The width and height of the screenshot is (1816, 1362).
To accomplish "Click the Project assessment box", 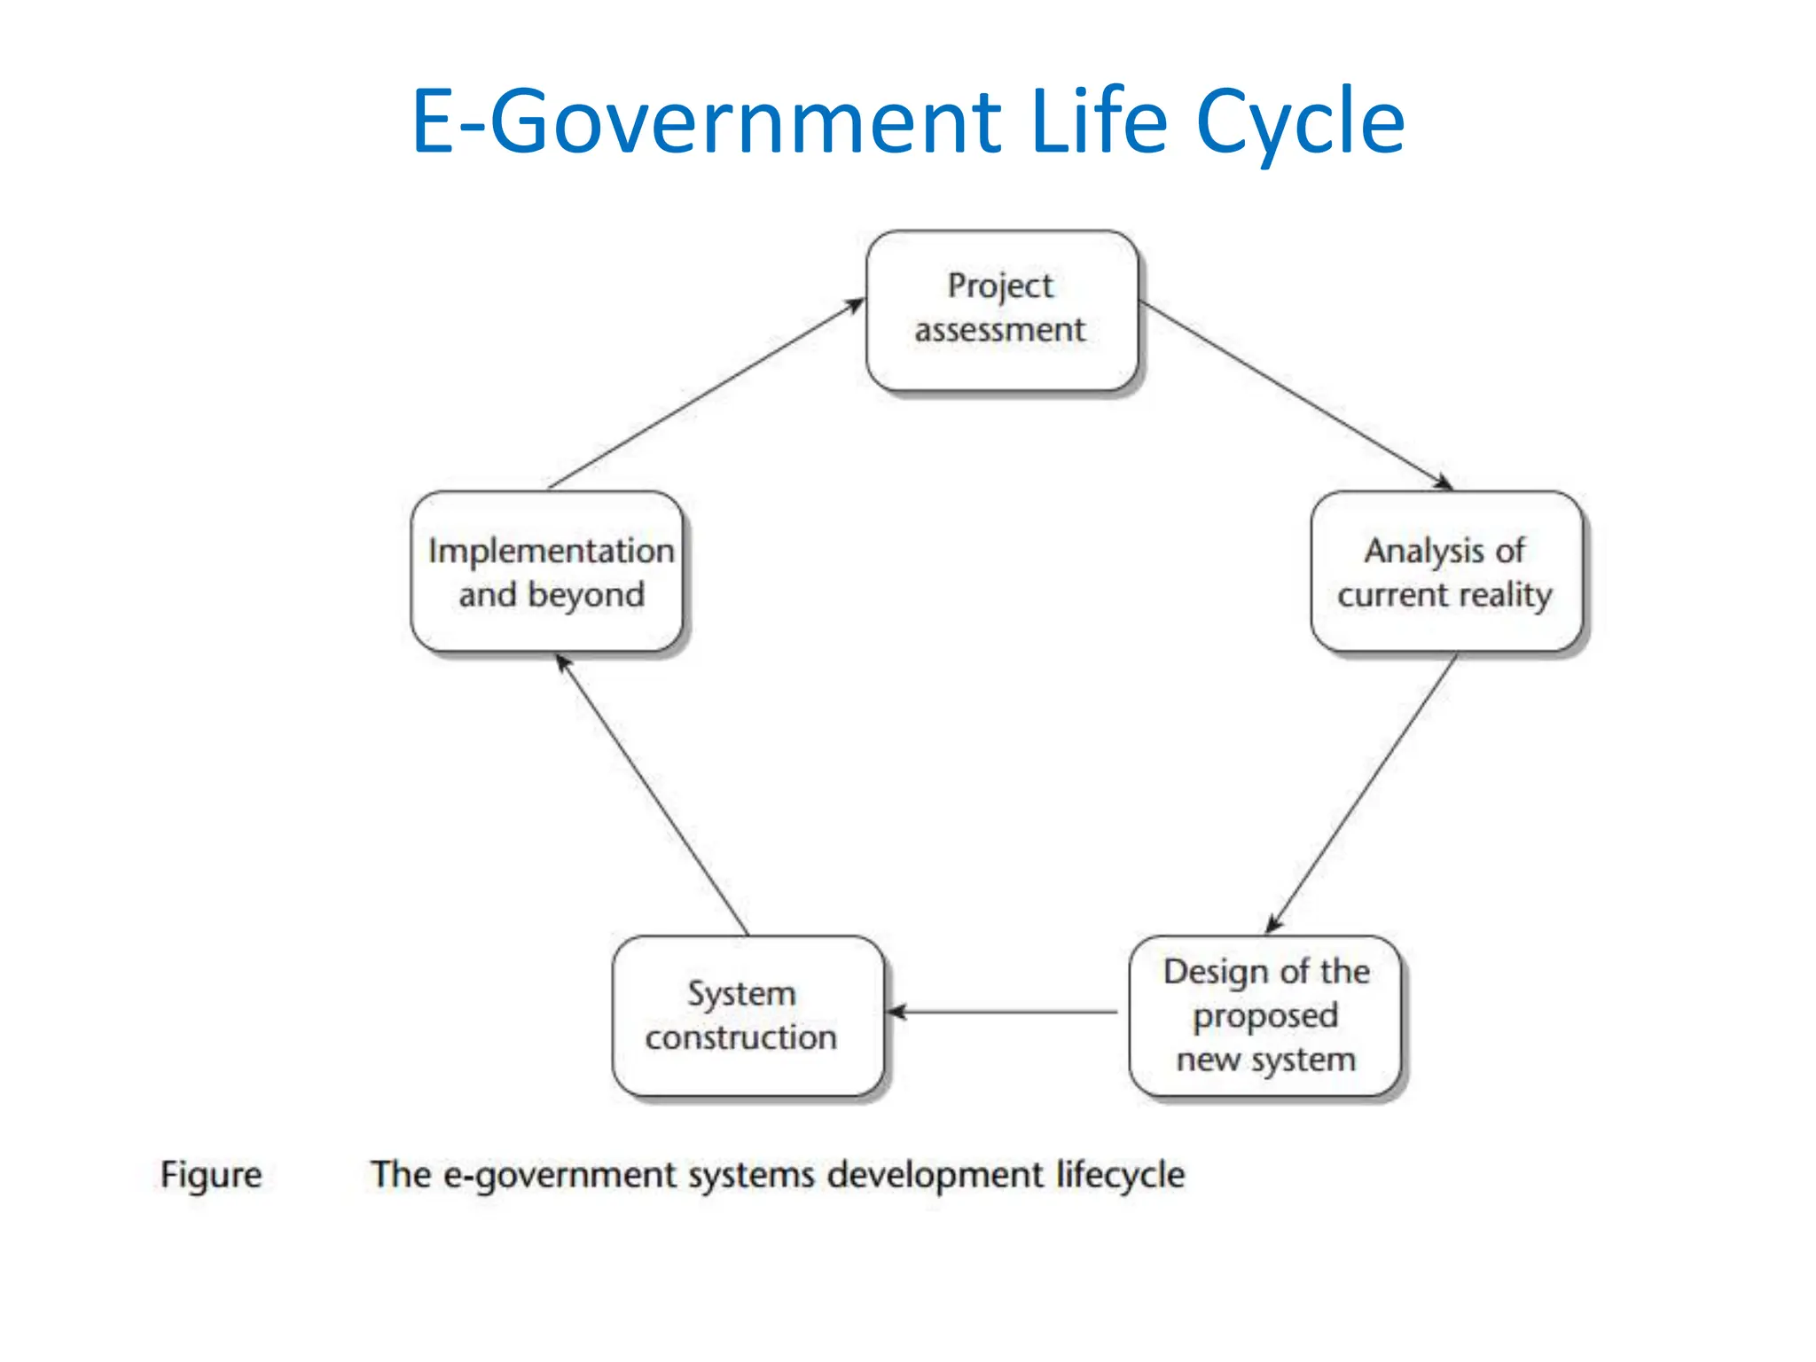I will coord(1001,309).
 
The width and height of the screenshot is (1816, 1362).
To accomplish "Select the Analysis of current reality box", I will coord(1445,572).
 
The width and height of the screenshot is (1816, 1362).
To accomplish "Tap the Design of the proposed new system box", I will coord(1265,1015).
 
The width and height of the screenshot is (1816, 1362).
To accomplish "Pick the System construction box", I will coord(747,1015).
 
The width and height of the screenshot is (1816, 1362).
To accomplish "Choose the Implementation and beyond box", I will coord(547,572).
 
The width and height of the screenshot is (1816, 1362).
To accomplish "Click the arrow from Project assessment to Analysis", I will coord(1295,395).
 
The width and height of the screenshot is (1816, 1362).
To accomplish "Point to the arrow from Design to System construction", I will coord(1002,1012).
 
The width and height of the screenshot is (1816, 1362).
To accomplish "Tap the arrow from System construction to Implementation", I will coord(652,794).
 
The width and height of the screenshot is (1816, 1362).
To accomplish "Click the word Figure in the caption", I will coord(211,1175).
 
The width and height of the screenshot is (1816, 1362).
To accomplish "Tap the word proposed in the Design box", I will coord(1265,1016).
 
